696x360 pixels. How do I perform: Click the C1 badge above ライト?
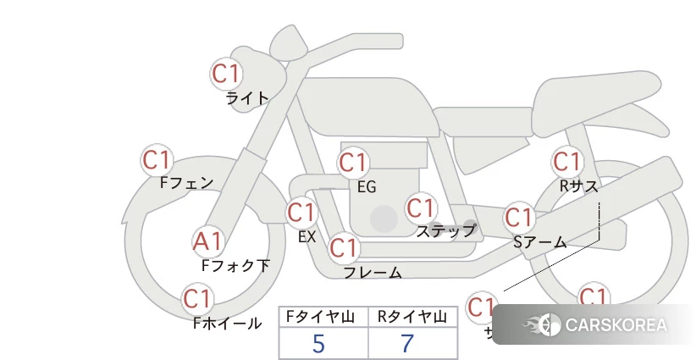(x=226, y=74)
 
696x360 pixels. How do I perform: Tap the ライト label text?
(x=247, y=98)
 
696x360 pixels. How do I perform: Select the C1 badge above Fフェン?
(x=157, y=159)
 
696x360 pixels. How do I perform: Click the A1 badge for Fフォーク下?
(x=207, y=242)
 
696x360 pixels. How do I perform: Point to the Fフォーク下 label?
(x=235, y=265)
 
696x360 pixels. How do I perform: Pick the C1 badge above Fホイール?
(x=197, y=299)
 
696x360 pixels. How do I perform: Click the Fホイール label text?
(x=227, y=323)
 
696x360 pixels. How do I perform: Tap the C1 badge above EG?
(x=353, y=163)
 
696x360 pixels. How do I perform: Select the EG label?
(x=367, y=186)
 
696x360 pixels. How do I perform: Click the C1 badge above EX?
(x=301, y=212)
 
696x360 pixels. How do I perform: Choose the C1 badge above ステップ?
(x=420, y=208)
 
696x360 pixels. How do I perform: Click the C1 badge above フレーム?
(x=343, y=249)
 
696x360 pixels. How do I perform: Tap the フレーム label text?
(x=373, y=273)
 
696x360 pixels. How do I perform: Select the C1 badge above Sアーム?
(x=519, y=218)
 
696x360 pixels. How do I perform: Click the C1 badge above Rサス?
(x=566, y=161)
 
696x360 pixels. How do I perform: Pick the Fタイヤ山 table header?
(x=323, y=317)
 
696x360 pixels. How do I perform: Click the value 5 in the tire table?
(x=318, y=343)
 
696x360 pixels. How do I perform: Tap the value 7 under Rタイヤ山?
(x=408, y=343)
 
